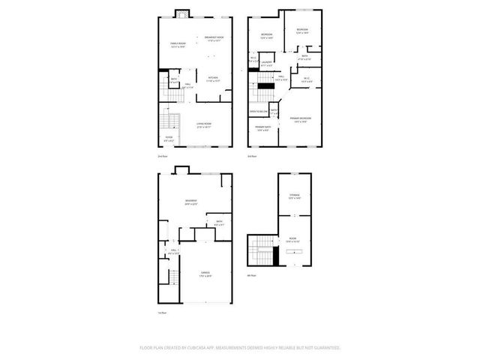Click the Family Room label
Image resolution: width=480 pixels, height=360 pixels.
177,45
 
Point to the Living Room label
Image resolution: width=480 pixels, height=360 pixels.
203,125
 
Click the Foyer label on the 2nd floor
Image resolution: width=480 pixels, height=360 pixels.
169,138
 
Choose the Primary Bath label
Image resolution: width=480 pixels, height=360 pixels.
262,128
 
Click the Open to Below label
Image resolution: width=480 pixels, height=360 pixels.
259,112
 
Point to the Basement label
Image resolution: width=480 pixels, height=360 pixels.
191,202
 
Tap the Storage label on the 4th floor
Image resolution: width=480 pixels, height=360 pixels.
294,196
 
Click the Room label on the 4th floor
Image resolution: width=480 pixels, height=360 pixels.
293,240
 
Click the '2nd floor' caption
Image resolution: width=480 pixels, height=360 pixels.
163,156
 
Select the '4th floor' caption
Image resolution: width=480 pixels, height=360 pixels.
252,275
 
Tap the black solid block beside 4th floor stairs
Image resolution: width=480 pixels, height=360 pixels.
277,256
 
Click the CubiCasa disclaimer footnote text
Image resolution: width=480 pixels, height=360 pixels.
240,347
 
